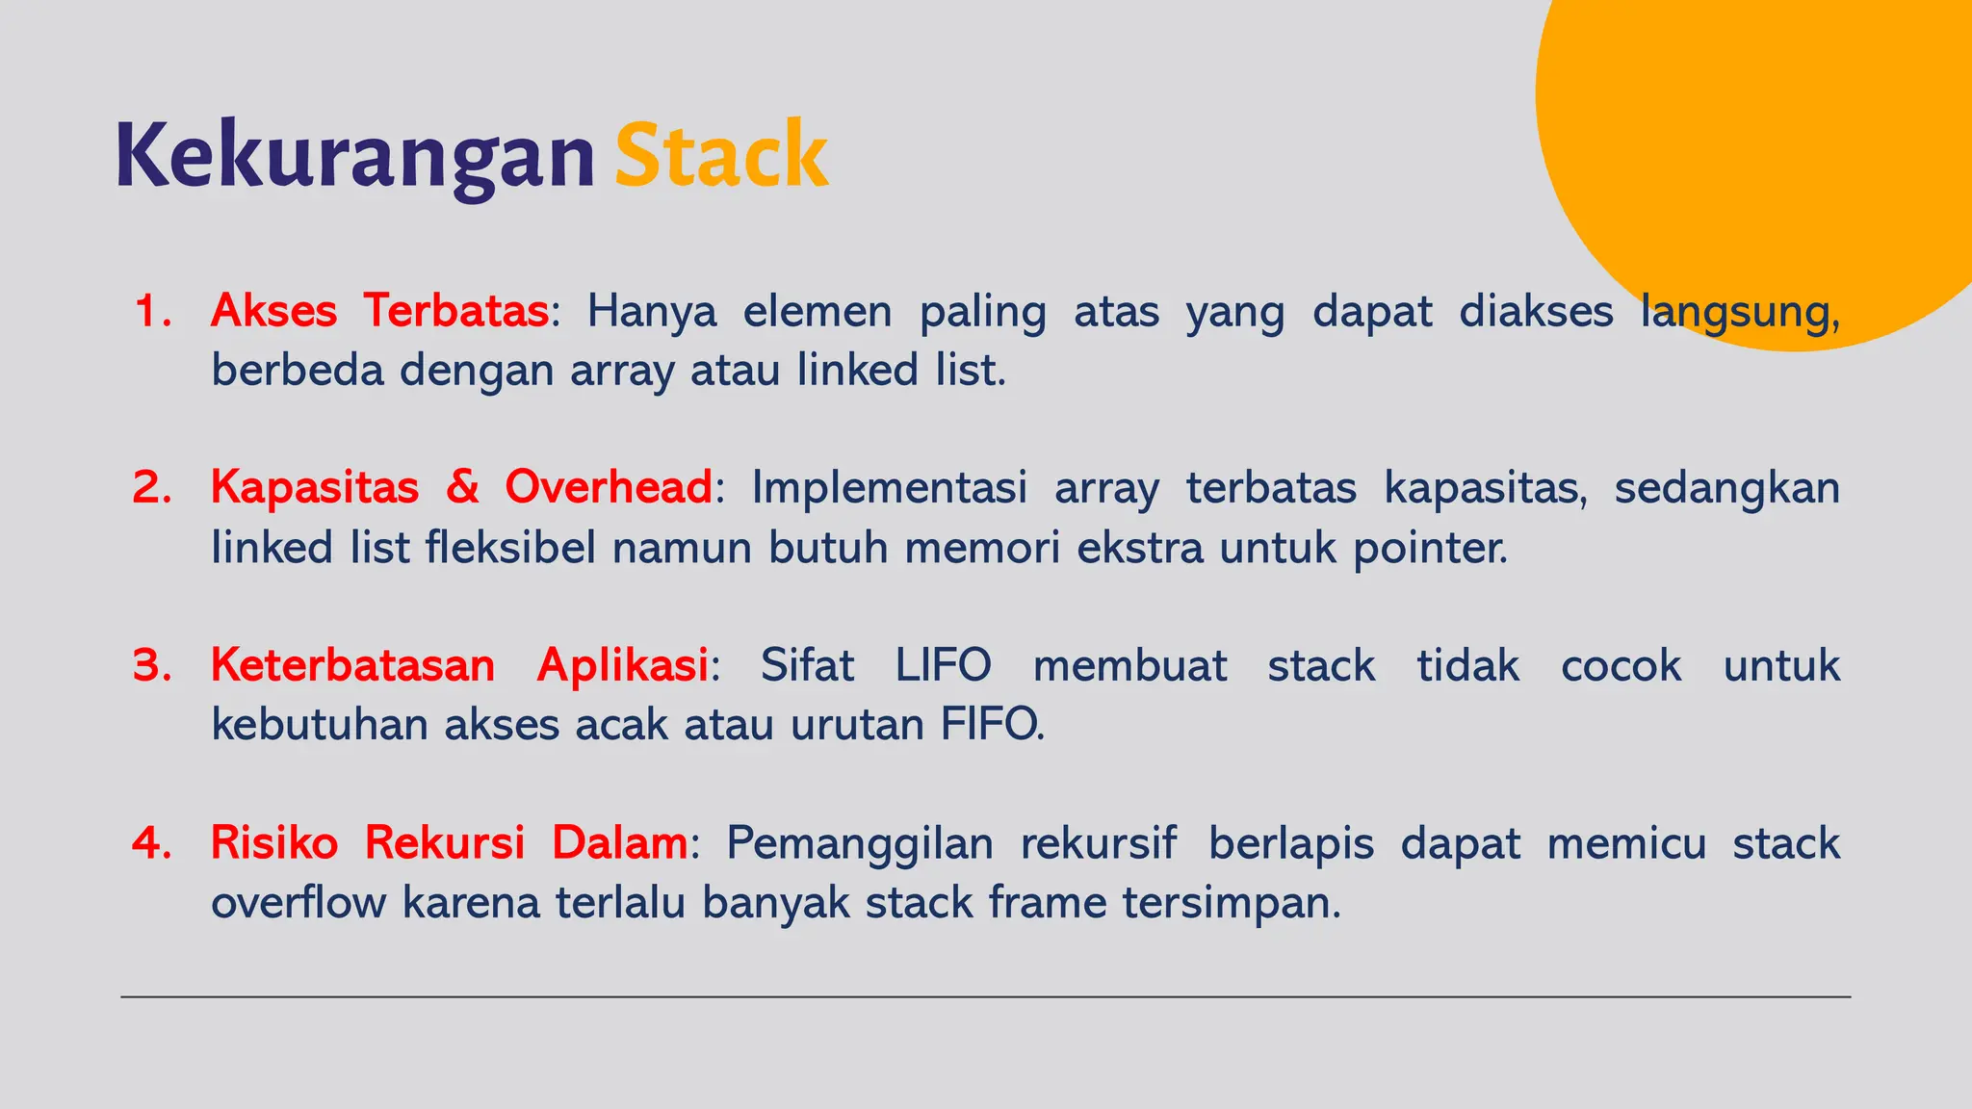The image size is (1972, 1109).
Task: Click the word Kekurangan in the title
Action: point(354,156)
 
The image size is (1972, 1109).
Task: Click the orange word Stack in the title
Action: point(721,156)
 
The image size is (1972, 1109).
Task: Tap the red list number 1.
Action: point(152,311)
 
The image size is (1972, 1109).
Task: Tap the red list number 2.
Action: point(152,487)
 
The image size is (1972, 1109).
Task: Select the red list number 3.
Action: point(152,665)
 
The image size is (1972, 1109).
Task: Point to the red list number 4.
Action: point(152,843)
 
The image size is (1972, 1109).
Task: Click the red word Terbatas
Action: point(455,311)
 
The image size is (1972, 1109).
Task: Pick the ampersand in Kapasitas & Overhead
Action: point(462,487)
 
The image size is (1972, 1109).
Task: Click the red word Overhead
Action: point(609,487)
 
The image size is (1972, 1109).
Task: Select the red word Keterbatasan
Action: point(352,665)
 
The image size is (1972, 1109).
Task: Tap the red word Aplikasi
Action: point(622,665)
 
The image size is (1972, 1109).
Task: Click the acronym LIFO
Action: point(943,665)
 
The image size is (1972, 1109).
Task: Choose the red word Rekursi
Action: point(444,843)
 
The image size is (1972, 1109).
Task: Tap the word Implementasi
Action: point(889,487)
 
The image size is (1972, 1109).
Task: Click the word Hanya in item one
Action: point(652,311)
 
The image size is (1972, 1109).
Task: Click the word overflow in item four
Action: point(298,903)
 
